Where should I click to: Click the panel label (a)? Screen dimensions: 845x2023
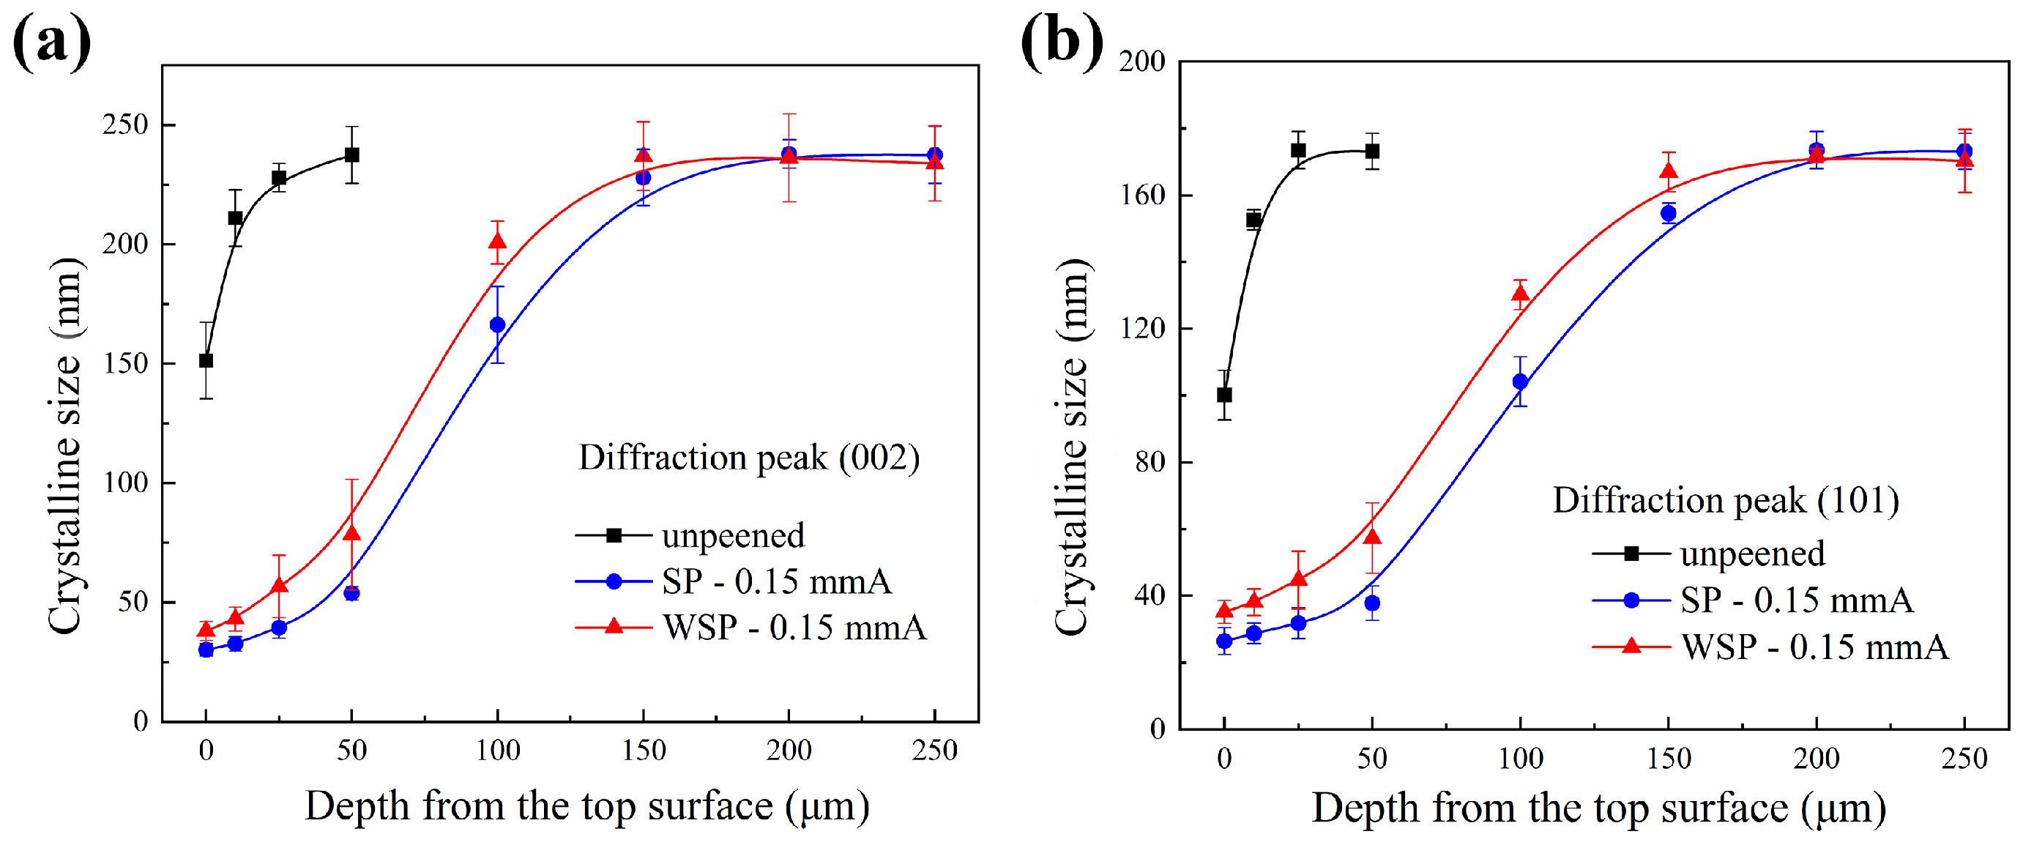click(52, 43)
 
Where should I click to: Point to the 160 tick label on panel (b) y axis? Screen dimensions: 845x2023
click(1143, 195)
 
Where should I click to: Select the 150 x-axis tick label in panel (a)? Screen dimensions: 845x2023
click(643, 751)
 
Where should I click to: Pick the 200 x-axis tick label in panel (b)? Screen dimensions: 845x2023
click(1817, 759)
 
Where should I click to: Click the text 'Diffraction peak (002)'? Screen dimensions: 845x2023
click(748, 458)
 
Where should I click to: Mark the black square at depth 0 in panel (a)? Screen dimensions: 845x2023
click(206, 360)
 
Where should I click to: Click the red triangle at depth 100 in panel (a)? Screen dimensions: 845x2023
click(497, 240)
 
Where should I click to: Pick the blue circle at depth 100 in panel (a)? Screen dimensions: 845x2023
click(497, 324)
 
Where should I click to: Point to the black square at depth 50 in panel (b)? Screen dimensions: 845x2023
click(1372, 151)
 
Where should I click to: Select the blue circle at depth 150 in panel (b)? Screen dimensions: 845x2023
click(1668, 214)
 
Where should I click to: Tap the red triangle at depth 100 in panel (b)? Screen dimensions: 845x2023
click(1521, 294)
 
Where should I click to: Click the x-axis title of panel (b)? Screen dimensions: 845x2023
click(1599, 809)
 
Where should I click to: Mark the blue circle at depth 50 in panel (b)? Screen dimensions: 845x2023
click(1372, 603)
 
